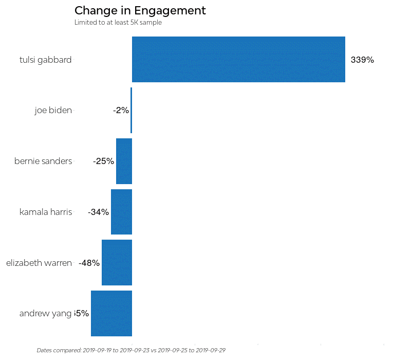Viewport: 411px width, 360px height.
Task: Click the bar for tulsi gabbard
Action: pos(238,59)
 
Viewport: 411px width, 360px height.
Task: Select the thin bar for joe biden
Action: pos(131,110)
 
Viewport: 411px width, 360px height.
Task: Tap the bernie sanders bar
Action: pos(124,161)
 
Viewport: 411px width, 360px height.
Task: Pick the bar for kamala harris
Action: pos(121,212)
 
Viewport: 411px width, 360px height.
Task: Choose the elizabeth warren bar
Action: pos(117,262)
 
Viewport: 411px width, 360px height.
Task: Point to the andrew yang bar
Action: pos(111,313)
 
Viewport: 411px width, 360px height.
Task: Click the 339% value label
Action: pos(362,60)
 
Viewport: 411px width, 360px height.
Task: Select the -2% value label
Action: pos(121,110)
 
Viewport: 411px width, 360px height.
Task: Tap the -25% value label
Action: pos(103,161)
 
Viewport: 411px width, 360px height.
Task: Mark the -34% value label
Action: pos(98,212)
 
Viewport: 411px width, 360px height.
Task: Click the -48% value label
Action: pos(89,263)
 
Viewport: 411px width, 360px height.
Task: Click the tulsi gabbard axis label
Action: pos(45,60)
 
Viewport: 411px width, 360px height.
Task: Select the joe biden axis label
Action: pos(53,110)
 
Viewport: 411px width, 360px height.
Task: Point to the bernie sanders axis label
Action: pos(43,161)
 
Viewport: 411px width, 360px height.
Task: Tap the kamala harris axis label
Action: pos(45,212)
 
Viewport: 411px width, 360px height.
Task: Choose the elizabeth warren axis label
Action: pos(39,263)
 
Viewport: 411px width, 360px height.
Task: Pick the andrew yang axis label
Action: pos(45,313)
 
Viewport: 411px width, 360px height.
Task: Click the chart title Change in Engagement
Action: pos(140,10)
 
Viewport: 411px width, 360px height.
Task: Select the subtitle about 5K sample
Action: pos(118,23)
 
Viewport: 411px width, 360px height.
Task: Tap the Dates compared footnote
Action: pos(131,350)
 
